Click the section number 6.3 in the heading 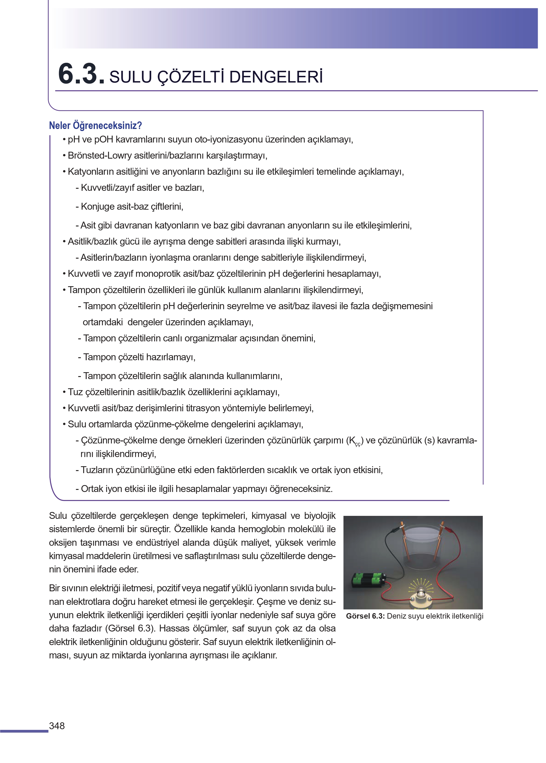coord(81,74)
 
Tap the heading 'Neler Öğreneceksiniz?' coord(95,126)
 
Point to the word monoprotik coord(158,274)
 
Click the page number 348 coord(57,726)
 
